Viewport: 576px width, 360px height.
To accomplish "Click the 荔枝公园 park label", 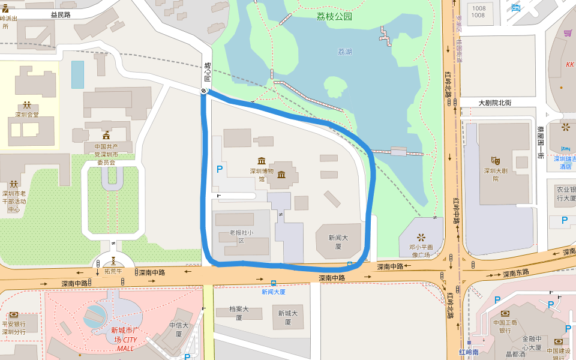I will (x=334, y=17).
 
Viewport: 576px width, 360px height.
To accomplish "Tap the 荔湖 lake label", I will (x=344, y=52).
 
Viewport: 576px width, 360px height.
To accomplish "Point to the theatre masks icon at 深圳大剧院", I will (x=496, y=160).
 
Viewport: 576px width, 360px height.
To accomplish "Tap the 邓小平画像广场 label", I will (x=421, y=250).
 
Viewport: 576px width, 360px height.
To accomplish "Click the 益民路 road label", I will (x=61, y=14).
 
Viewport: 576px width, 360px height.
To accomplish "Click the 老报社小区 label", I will (x=241, y=236).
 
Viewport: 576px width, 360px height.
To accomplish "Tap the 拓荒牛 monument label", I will (x=113, y=271).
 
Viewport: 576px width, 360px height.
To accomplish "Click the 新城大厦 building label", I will (x=287, y=317).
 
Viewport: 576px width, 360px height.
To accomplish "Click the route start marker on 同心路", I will (x=205, y=91).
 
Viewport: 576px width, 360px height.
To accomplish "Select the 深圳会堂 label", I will (x=27, y=115).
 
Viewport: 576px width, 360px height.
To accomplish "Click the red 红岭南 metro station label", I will (x=469, y=352).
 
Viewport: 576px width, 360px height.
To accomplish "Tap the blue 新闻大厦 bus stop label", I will (x=273, y=292).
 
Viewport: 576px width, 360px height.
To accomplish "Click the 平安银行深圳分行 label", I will (x=13, y=328).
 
